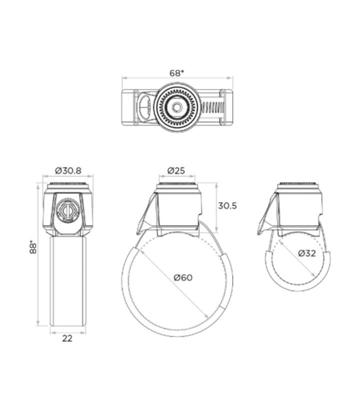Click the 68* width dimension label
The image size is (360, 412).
177,73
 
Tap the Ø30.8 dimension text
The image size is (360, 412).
68,171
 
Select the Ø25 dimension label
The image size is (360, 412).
176,171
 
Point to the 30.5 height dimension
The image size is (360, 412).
227,206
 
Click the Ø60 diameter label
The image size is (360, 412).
183,277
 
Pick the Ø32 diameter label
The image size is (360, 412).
307,253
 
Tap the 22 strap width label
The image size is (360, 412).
67,338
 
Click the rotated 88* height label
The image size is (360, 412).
33,247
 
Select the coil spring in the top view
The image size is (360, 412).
212,107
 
